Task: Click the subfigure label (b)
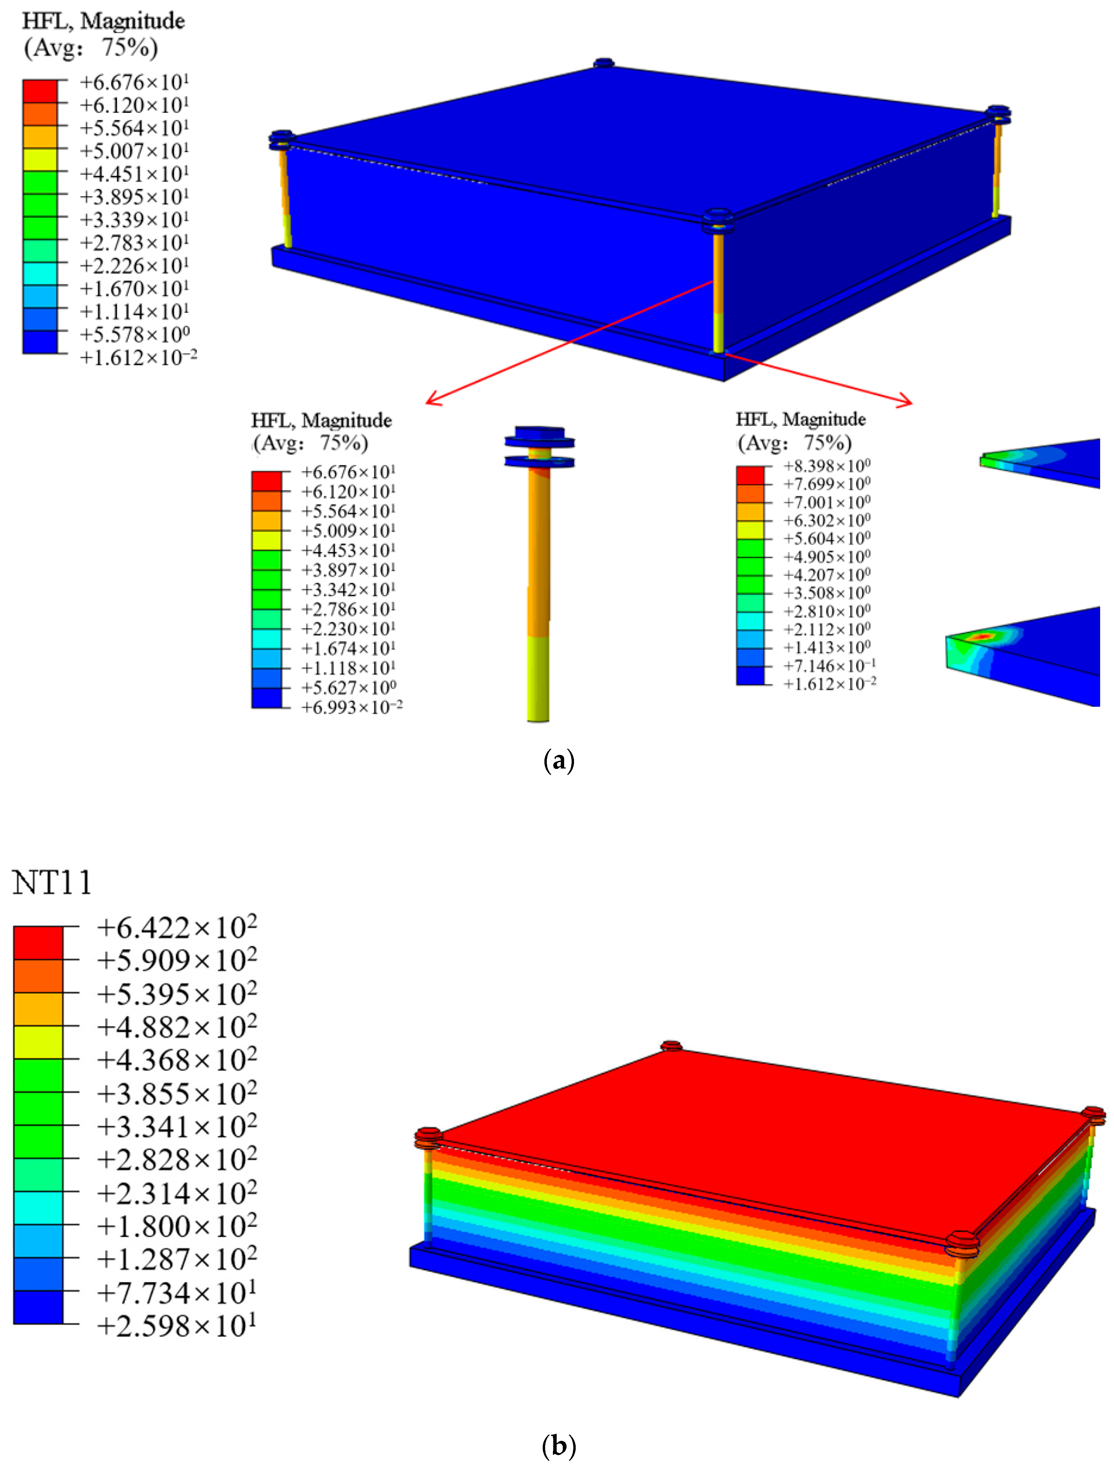(x=558, y=1446)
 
